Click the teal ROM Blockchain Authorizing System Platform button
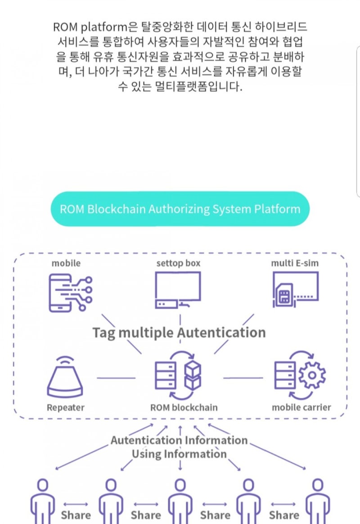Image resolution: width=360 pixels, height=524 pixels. point(180,209)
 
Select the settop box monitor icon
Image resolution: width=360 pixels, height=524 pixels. point(178,290)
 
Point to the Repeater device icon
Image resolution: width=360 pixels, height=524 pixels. point(65,378)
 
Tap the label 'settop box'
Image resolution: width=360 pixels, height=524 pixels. point(178,263)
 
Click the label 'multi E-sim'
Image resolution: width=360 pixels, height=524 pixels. point(295,263)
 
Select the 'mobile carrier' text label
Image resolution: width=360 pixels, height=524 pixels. point(301,407)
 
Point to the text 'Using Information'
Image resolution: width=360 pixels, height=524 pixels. point(179,454)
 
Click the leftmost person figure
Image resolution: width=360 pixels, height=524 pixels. point(43,500)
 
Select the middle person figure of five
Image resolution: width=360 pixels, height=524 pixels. point(180,500)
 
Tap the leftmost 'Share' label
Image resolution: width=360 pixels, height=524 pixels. point(76,515)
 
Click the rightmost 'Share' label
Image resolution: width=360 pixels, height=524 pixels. point(284,515)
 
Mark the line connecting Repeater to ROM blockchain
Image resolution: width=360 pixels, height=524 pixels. point(116,378)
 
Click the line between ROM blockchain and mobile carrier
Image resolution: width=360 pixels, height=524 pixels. point(243,378)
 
